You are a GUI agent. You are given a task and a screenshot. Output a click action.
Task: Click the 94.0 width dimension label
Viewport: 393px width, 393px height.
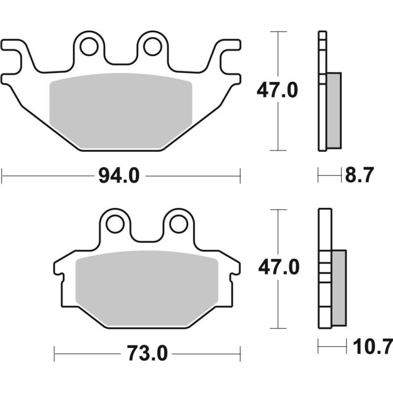[120, 176]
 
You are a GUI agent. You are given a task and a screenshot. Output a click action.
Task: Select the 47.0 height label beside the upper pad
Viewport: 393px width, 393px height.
[277, 91]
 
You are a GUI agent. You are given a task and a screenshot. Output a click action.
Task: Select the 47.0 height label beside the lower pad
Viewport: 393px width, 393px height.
[278, 268]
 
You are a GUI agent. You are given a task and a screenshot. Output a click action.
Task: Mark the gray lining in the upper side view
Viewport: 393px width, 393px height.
[333, 109]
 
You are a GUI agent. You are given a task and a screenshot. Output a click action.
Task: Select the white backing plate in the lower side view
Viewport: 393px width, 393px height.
[325, 271]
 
